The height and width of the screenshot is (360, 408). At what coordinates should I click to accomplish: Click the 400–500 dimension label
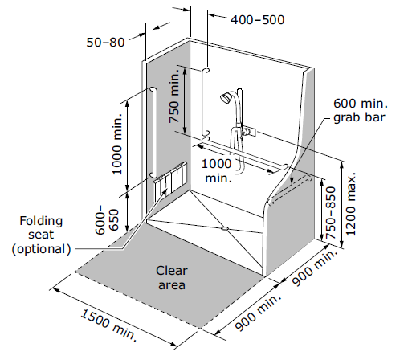coord(257,20)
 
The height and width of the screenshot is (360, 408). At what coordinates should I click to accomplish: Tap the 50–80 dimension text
coord(105,43)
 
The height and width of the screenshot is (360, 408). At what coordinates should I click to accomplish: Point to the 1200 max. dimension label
coord(351,204)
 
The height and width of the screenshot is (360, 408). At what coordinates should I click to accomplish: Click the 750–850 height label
coord(331,213)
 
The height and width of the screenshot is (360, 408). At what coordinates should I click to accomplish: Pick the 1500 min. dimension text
coord(109,325)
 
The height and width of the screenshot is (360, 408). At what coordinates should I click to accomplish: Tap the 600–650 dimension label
coord(107,220)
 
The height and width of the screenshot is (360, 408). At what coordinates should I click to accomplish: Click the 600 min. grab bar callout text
coord(361,111)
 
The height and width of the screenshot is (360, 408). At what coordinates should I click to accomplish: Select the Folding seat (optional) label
coord(41,235)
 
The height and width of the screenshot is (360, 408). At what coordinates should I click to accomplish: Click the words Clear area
coord(172,278)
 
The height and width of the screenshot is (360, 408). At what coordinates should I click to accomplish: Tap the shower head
coord(226,97)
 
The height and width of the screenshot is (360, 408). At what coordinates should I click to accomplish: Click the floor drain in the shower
coord(224,228)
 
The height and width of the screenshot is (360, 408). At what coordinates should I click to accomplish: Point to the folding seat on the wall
coord(170,182)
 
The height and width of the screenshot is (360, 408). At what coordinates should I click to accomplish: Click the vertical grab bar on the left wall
coord(153,133)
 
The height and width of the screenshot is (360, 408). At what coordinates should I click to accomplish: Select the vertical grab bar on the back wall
coord(206,101)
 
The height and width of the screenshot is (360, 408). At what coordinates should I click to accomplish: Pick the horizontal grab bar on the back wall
coord(245,153)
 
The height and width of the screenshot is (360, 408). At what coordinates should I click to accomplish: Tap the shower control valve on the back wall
coord(248,131)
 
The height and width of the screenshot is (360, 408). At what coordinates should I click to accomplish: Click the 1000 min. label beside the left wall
coord(117,144)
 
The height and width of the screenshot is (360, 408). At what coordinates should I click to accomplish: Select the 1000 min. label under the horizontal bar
coord(217,170)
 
